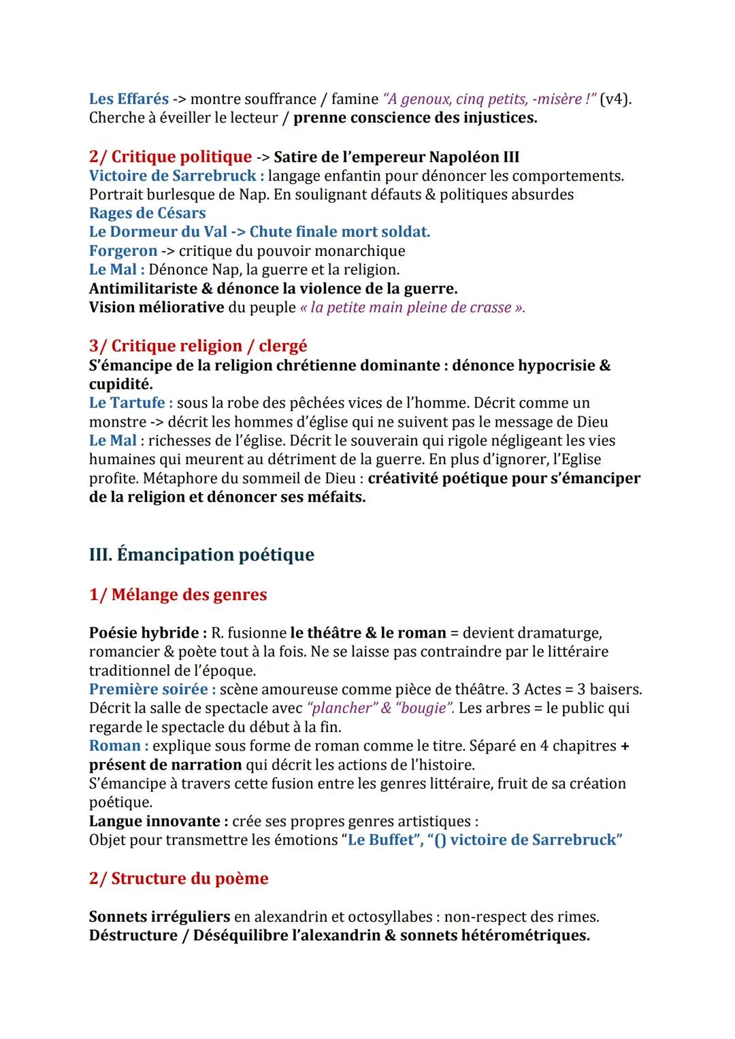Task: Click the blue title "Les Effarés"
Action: point(129,99)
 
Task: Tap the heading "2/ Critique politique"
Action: point(170,156)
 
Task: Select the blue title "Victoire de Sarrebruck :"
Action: point(176,176)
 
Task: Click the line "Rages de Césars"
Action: point(147,213)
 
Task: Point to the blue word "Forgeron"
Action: point(122,250)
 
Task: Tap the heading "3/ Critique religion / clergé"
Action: point(198,346)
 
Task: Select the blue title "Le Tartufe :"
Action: point(131,402)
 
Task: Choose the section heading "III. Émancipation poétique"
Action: point(201,555)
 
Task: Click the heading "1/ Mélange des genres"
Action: point(178,594)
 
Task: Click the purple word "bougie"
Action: point(425,708)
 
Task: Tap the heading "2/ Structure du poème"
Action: point(178,878)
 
